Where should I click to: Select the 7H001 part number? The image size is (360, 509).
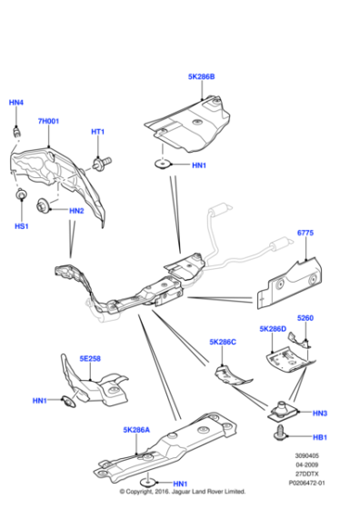coord(47,121)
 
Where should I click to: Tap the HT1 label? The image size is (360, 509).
coord(98,132)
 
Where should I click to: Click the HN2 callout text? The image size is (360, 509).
coord(76,211)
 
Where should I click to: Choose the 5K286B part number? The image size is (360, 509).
coord(201,77)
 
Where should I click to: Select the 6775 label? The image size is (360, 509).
coord(305,234)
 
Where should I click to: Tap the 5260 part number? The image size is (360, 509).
coord(305,318)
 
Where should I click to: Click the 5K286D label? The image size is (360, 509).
coord(272,328)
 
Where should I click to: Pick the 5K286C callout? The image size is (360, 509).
coord(222,342)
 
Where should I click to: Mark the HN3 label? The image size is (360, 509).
coord(319,413)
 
